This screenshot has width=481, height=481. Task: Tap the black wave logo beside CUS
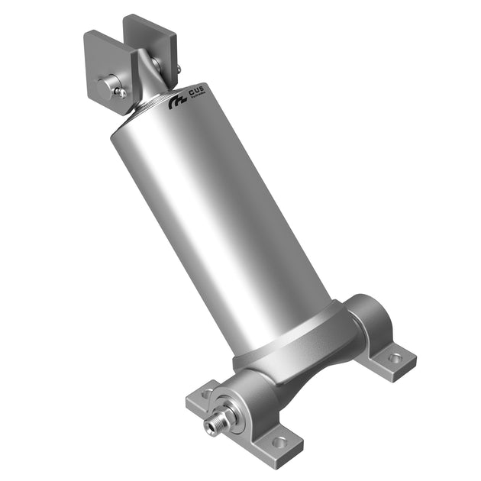point(178,101)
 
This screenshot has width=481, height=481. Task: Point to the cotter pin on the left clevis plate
point(121,92)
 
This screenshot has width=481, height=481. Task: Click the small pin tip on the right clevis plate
point(178,69)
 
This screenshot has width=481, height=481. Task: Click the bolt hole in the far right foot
point(395,357)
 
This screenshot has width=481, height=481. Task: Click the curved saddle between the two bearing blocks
point(305,366)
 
